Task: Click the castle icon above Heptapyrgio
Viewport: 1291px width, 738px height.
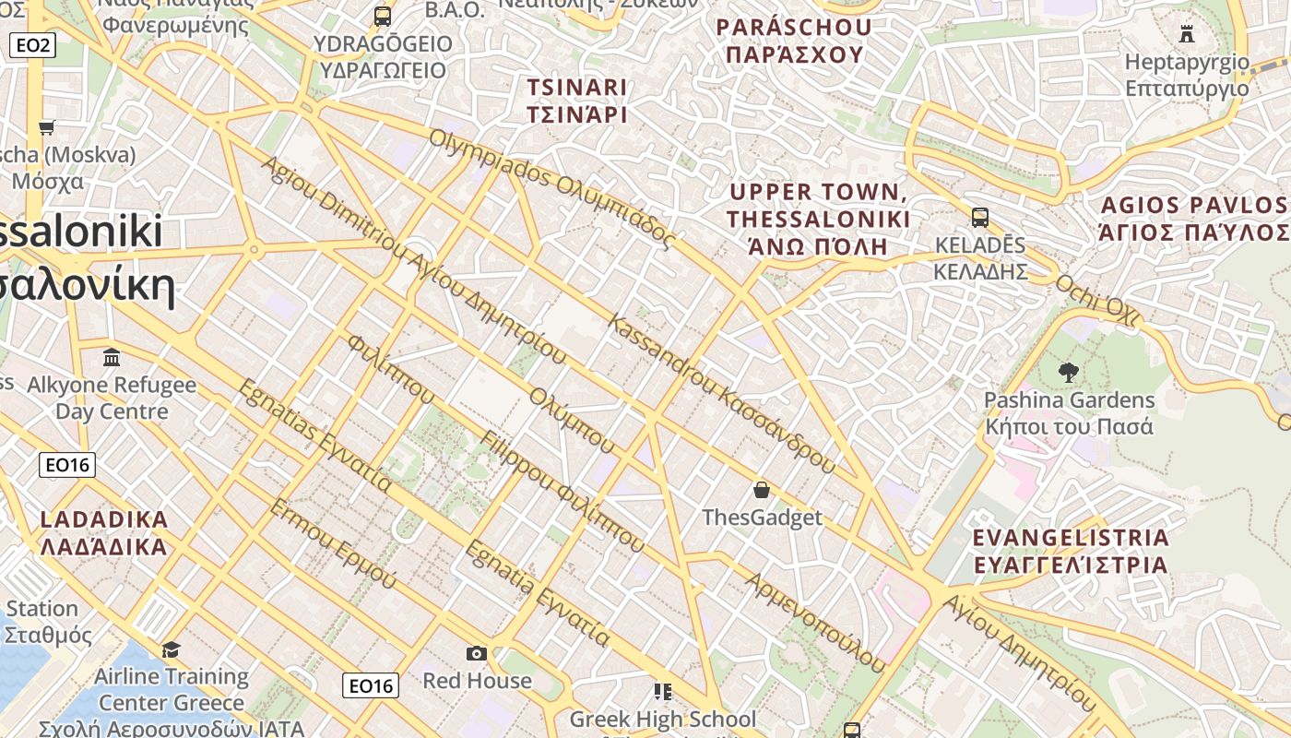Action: (x=1187, y=34)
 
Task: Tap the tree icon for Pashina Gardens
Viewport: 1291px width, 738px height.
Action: (x=1069, y=373)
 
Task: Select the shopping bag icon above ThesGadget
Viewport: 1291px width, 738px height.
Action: (x=762, y=490)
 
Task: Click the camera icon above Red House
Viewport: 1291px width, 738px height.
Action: (x=477, y=653)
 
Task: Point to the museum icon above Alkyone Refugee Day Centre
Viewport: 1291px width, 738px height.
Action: (x=112, y=357)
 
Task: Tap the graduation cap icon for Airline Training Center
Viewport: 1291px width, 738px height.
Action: (x=171, y=650)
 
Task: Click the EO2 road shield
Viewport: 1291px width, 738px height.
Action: (x=33, y=44)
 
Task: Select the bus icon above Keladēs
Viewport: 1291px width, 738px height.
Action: (x=980, y=218)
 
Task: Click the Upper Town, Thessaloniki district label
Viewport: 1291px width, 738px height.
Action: (x=819, y=219)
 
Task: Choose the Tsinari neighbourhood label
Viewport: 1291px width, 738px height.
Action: (x=577, y=101)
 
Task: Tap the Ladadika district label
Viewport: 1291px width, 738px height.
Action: (x=104, y=532)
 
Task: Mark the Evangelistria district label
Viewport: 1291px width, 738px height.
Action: (x=1071, y=551)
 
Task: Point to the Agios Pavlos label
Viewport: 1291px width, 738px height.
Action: (x=1194, y=218)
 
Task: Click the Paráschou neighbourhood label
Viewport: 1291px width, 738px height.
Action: (x=794, y=41)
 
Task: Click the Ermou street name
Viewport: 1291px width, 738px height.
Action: (x=333, y=543)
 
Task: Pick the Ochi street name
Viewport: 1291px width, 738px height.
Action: (x=1097, y=300)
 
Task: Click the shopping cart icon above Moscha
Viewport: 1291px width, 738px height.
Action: (x=47, y=127)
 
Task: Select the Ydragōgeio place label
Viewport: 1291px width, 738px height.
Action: (x=383, y=57)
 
